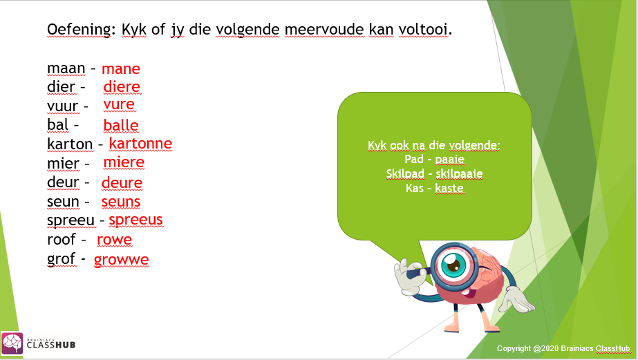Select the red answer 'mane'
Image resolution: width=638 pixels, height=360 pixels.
click(121, 68)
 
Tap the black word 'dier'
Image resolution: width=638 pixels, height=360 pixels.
click(61, 87)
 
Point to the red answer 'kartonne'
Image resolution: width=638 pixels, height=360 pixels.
click(140, 143)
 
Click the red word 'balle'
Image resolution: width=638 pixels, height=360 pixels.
click(121, 125)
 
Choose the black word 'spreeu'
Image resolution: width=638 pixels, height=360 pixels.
click(71, 220)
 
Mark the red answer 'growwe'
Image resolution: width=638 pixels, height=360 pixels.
click(122, 260)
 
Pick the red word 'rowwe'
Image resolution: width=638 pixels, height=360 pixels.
click(114, 240)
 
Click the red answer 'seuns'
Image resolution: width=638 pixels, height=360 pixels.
click(121, 202)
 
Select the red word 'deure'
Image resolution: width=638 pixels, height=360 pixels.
click(122, 182)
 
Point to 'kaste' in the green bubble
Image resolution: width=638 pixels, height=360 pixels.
click(450, 188)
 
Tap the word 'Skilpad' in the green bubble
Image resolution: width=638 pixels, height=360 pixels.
click(405, 173)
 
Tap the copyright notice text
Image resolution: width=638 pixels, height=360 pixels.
click(563, 348)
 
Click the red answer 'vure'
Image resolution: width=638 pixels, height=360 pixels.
click(119, 104)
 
